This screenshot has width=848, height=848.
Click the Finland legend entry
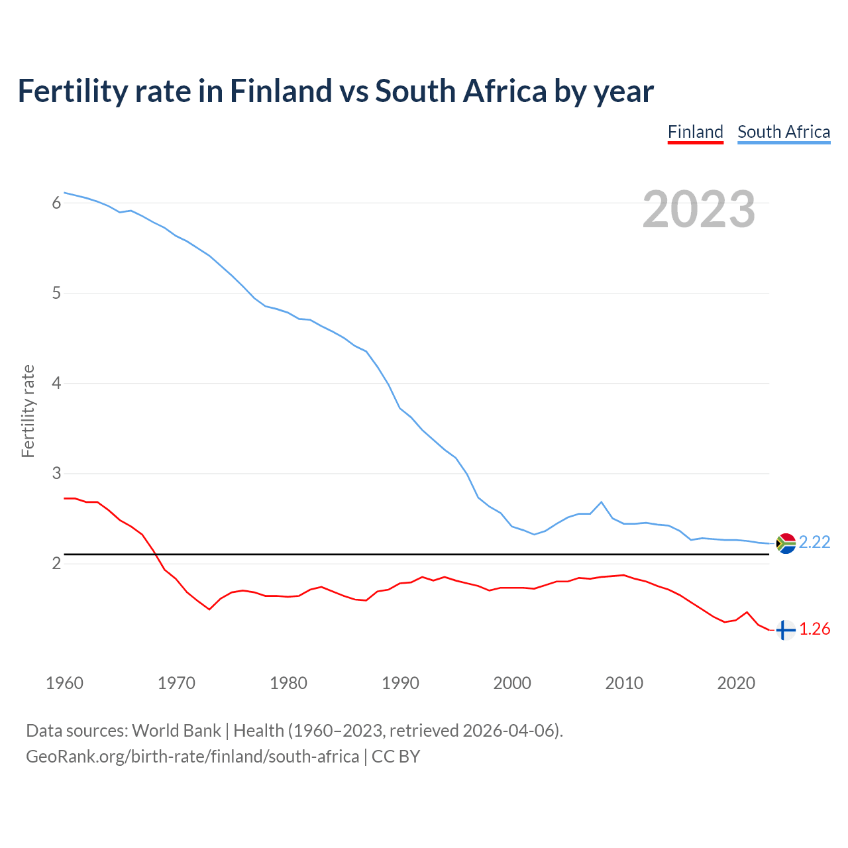tap(695, 132)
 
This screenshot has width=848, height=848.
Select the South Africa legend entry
tap(784, 132)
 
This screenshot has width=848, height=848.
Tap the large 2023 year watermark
tap(699, 209)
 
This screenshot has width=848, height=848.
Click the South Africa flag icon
tap(786, 543)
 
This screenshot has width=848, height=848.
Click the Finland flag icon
tap(785, 630)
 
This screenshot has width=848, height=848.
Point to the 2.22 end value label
tap(814, 542)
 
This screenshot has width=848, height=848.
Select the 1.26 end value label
tap(814, 629)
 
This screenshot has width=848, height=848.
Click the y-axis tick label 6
tap(56, 203)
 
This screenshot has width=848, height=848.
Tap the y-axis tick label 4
tap(56, 383)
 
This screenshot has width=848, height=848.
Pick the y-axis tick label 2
tap(56, 563)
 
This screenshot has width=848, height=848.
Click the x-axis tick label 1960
tap(64, 683)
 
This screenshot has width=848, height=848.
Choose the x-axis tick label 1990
tap(400, 683)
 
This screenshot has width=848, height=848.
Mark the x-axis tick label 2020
tap(736, 683)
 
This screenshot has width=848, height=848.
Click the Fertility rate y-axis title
tap(28, 411)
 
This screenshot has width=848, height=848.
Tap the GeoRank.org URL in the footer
tap(192, 756)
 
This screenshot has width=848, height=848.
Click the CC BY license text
tap(396, 756)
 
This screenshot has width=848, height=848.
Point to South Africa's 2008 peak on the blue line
tap(601, 502)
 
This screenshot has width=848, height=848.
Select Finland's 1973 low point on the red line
tap(209, 609)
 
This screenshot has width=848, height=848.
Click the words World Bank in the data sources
tap(176, 730)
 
